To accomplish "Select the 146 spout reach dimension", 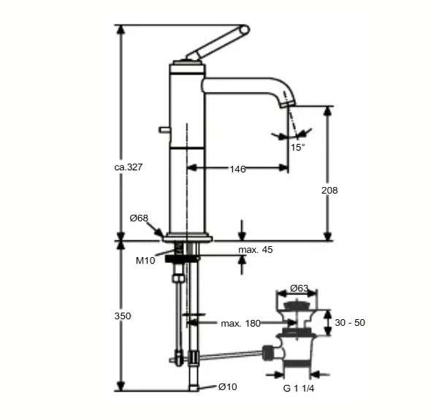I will [x=237, y=169].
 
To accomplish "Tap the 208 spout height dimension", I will [x=329, y=190].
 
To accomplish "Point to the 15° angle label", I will [x=297, y=147].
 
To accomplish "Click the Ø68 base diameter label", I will [x=139, y=218].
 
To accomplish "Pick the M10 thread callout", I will [x=145, y=260].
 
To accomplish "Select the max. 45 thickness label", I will [x=256, y=250].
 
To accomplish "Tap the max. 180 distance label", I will [x=242, y=323].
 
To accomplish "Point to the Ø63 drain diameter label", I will [x=298, y=288].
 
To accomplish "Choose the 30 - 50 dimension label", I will [x=351, y=322].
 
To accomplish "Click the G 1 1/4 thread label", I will [x=299, y=388].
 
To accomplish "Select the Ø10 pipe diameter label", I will [x=227, y=386].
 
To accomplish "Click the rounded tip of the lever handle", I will [x=244, y=30].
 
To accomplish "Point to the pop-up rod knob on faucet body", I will [x=162, y=130].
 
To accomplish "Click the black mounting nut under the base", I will [x=182, y=257].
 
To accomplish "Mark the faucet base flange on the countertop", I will [x=187, y=237].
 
